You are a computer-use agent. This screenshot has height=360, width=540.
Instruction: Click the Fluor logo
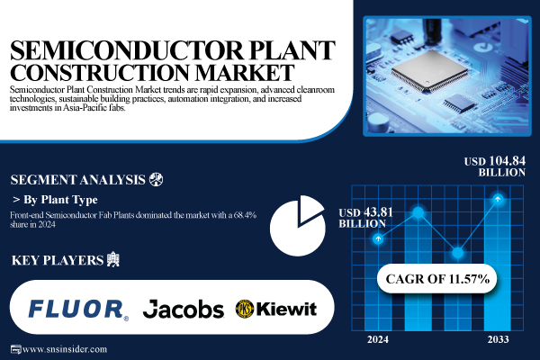click(x=77, y=310)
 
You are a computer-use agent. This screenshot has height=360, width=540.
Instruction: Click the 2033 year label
click(x=496, y=339)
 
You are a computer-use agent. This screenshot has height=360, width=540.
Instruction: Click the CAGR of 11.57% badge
click(x=434, y=279)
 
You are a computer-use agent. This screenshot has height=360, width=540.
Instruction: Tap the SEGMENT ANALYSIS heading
click(x=76, y=178)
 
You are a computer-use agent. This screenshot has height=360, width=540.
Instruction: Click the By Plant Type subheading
click(x=58, y=199)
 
